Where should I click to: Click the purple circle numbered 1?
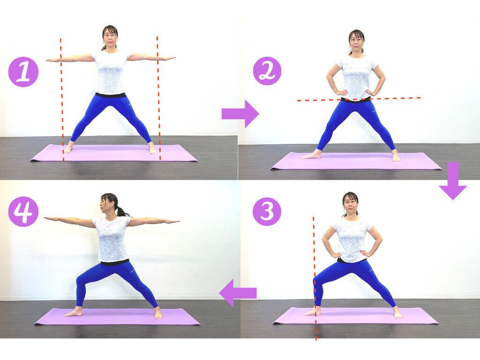pyautogui.click(x=23, y=72)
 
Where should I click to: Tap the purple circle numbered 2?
pyautogui.click(x=267, y=71)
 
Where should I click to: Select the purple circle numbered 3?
pyautogui.click(x=267, y=211)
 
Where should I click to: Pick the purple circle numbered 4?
pyautogui.click(x=23, y=211)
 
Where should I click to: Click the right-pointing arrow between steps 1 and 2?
pyautogui.click(x=240, y=113)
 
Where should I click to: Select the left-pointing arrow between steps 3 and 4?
pyautogui.click(x=238, y=293)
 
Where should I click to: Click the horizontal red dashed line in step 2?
pyautogui.click(x=359, y=99)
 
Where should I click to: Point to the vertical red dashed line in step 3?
pyautogui.click(x=315, y=278)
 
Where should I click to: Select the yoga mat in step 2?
pyautogui.click(x=356, y=161)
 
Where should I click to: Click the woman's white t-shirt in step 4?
pyautogui.click(x=112, y=239)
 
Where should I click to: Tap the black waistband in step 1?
pyautogui.click(x=111, y=95)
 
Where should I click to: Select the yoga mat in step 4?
pyautogui.click(x=117, y=316)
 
